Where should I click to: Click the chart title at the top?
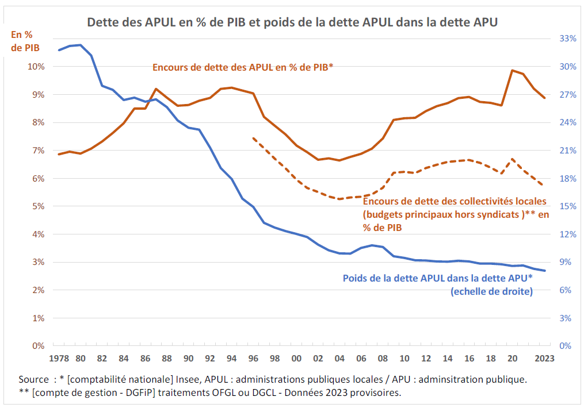point(292,22)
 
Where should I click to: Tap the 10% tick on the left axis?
point(36,67)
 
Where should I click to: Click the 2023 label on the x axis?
point(544,359)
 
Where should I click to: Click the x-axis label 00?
point(296,359)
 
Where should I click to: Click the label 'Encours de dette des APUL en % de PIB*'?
point(243,67)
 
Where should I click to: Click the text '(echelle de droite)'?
point(491,291)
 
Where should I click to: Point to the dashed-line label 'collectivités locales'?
point(455,202)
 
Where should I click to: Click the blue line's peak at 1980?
point(81,45)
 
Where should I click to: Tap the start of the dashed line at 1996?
point(253,138)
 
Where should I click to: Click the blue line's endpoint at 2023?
point(544,271)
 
